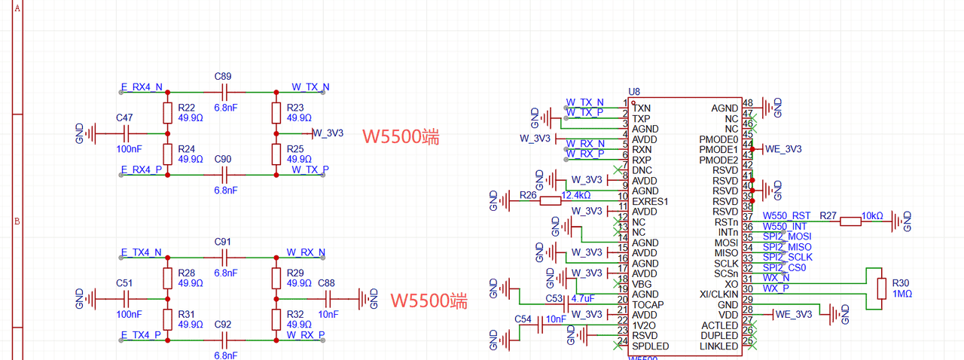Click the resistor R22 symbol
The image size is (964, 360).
167,113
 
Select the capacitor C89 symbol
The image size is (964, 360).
222,92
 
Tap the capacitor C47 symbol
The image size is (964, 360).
126,133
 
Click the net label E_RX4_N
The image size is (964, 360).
142,87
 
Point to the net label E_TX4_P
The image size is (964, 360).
142,334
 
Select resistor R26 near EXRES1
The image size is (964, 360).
550,200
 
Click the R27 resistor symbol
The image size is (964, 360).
851,221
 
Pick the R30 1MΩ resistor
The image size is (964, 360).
880,288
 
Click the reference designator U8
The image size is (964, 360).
634,92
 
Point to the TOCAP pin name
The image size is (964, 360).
648,305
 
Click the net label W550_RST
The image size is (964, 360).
786,216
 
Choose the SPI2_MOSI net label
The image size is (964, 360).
787,236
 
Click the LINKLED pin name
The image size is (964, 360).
719,346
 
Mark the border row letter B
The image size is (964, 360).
17,221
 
